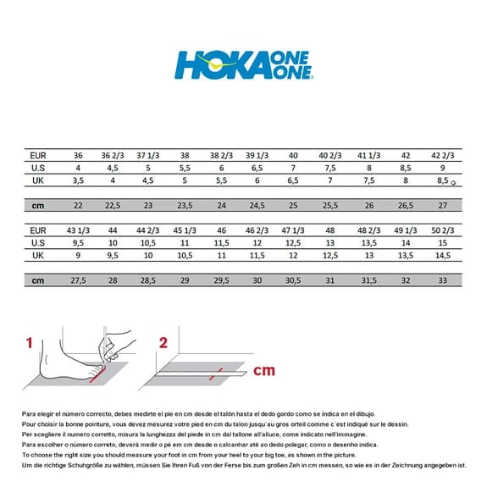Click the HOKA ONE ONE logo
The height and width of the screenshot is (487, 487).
[244, 64]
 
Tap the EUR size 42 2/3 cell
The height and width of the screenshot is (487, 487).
[443, 156]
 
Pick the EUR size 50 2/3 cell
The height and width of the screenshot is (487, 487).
[443, 230]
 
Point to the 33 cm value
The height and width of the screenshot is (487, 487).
[443, 280]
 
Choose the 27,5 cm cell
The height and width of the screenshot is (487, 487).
[79, 280]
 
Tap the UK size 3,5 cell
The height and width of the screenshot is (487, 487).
[79, 180]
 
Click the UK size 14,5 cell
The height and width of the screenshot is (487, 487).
[443, 255]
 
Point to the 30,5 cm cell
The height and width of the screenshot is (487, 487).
[294, 280]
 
